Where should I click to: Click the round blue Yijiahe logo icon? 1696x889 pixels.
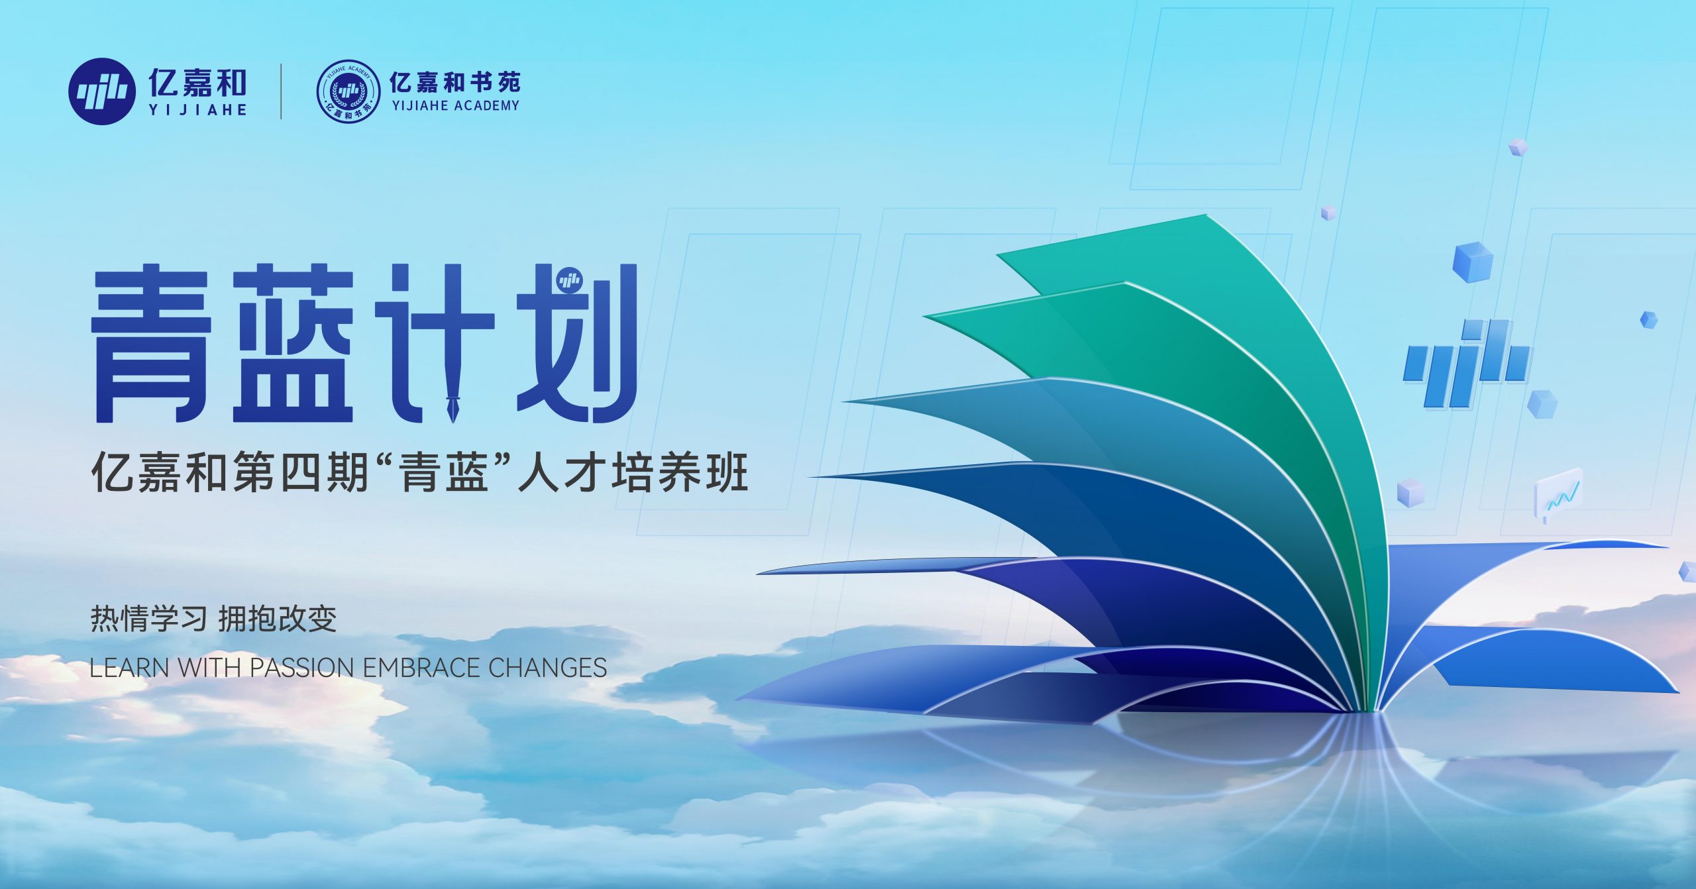pos(99,91)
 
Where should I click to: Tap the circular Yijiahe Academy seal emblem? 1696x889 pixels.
pos(348,91)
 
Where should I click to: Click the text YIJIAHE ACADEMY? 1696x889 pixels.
pos(455,105)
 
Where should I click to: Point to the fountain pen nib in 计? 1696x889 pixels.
pos(454,405)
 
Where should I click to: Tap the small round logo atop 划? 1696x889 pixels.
pos(569,281)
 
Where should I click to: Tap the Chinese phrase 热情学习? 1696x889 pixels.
pos(149,619)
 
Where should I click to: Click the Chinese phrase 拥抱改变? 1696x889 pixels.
pos(278,619)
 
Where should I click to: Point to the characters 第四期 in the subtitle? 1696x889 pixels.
pos(300,473)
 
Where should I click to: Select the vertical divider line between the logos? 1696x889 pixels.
pos(282,91)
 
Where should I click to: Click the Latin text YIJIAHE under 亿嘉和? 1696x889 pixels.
pos(197,111)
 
